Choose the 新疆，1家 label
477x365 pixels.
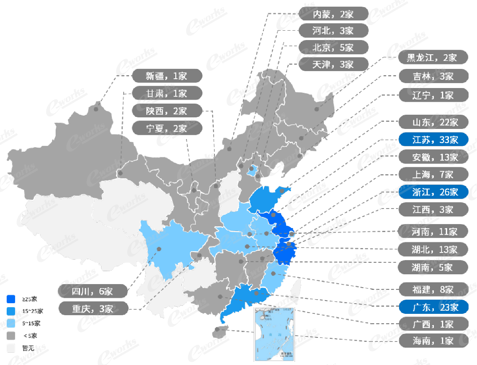[167, 76]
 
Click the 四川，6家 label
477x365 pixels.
[93, 291]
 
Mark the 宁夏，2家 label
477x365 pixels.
[167, 128]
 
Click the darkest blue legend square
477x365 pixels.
[11, 298]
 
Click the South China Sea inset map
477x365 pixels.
[275, 333]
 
